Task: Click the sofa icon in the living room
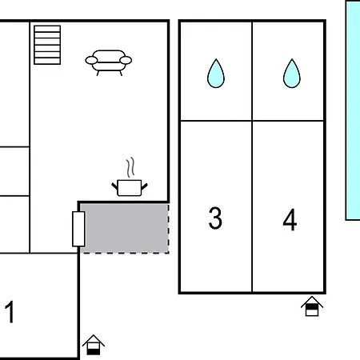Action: (x=109, y=62)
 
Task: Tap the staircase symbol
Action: (x=47, y=45)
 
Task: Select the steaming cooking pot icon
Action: (x=130, y=177)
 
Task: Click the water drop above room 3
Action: (x=216, y=74)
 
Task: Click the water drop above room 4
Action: (x=292, y=74)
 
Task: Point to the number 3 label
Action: (x=215, y=218)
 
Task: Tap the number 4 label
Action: (x=290, y=220)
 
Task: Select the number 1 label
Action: (x=10, y=312)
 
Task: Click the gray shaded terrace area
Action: (x=124, y=228)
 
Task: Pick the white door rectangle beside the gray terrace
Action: (x=78, y=229)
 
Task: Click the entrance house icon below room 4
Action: (x=312, y=306)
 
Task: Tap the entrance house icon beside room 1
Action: (x=94, y=345)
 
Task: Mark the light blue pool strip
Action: (x=353, y=110)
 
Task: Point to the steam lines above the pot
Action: (x=130, y=167)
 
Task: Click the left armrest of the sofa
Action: (x=91, y=61)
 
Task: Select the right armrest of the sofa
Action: (x=126, y=60)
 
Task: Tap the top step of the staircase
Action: (x=47, y=29)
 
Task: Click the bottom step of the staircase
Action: (x=47, y=61)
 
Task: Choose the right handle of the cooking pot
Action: (x=144, y=186)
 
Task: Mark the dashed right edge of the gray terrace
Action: (x=169, y=228)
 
